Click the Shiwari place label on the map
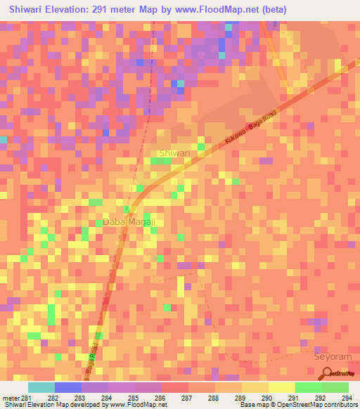click(x=176, y=152)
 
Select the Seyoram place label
click(x=330, y=356)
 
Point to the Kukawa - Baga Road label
click(x=251, y=129)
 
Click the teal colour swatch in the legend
click(x=41, y=387)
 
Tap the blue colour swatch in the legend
click(x=68, y=387)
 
